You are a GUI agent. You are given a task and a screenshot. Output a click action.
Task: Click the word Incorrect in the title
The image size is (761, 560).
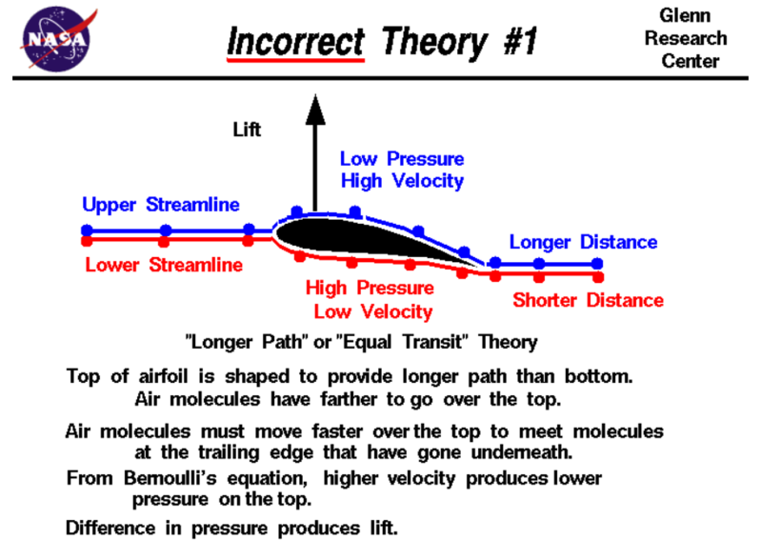(x=295, y=42)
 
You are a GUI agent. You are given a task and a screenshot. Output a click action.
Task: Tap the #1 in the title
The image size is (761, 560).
(x=520, y=41)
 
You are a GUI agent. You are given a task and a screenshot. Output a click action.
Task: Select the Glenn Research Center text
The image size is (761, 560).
(x=686, y=38)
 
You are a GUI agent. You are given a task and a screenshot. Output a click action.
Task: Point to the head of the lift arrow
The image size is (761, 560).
(x=315, y=95)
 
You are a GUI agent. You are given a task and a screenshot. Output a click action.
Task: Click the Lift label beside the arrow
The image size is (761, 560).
(x=247, y=130)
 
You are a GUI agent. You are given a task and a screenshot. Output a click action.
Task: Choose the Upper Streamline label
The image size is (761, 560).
(x=161, y=205)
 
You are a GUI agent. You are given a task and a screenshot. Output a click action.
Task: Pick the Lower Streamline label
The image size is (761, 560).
(x=164, y=265)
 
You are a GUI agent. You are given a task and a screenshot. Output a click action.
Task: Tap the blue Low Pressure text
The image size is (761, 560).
(x=402, y=159)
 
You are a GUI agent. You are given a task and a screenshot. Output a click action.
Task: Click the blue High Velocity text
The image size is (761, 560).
(x=402, y=181)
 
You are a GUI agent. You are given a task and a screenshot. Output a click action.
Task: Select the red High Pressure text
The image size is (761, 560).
(x=370, y=288)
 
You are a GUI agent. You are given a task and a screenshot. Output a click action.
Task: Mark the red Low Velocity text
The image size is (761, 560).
(x=373, y=311)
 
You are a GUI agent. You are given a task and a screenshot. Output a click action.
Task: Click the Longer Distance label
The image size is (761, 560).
(x=583, y=242)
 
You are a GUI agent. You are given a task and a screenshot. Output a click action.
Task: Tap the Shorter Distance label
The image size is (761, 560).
(x=589, y=300)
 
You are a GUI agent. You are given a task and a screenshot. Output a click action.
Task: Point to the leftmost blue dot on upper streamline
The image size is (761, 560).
(x=87, y=230)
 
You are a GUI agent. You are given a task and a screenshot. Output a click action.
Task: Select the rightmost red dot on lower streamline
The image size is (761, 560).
(x=598, y=277)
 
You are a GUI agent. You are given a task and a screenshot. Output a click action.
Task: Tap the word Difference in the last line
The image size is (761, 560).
(x=110, y=528)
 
